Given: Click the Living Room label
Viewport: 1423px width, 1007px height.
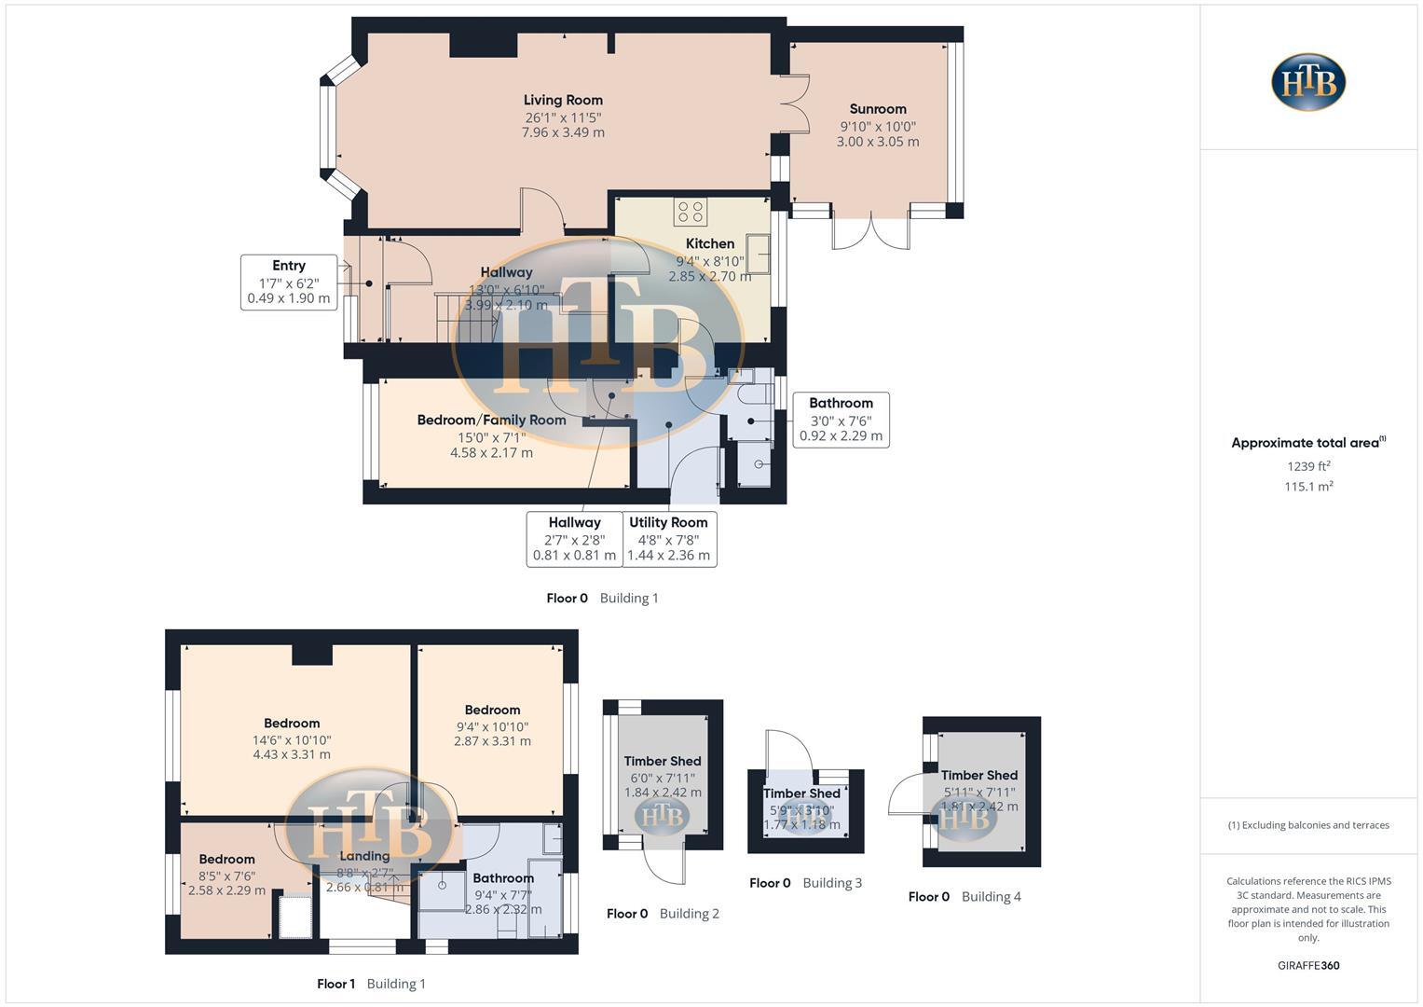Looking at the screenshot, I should [x=563, y=101].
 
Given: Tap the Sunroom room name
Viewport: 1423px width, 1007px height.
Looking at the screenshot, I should [x=877, y=109].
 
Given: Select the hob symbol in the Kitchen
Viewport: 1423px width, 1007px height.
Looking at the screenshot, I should [x=691, y=212].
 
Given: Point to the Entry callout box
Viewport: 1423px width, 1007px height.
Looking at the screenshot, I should [x=289, y=282].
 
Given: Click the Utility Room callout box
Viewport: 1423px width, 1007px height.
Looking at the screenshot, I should [x=668, y=539].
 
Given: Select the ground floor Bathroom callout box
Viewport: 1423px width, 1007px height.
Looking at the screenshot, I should [x=841, y=420].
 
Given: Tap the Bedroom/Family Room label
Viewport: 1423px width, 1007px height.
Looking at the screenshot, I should [x=491, y=421].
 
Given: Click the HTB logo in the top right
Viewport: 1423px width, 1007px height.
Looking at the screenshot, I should [x=1308, y=82].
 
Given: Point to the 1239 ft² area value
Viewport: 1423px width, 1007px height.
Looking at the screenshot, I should [x=1308, y=466].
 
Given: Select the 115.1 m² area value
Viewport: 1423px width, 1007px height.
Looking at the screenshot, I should [x=1308, y=487].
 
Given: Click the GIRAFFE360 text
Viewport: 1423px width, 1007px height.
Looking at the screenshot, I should [x=1308, y=966].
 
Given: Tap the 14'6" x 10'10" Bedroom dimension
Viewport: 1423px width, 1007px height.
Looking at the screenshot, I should [x=292, y=739].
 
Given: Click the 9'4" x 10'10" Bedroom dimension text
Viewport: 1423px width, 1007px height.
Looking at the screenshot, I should [x=492, y=726].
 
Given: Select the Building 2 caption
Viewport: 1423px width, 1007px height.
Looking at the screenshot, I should [x=689, y=914].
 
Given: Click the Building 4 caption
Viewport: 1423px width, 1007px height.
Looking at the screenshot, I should [x=991, y=897].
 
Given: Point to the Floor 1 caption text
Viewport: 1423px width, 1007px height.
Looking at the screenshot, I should [x=335, y=984].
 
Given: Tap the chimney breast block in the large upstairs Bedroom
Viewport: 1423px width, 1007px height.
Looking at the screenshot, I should [x=312, y=655].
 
